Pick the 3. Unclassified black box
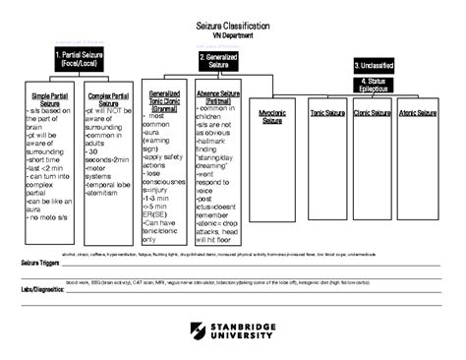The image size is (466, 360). [379, 65]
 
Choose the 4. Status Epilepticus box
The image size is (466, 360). [379, 84]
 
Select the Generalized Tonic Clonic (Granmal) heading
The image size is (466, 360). [164, 102]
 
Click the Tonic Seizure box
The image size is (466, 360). [326, 114]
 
